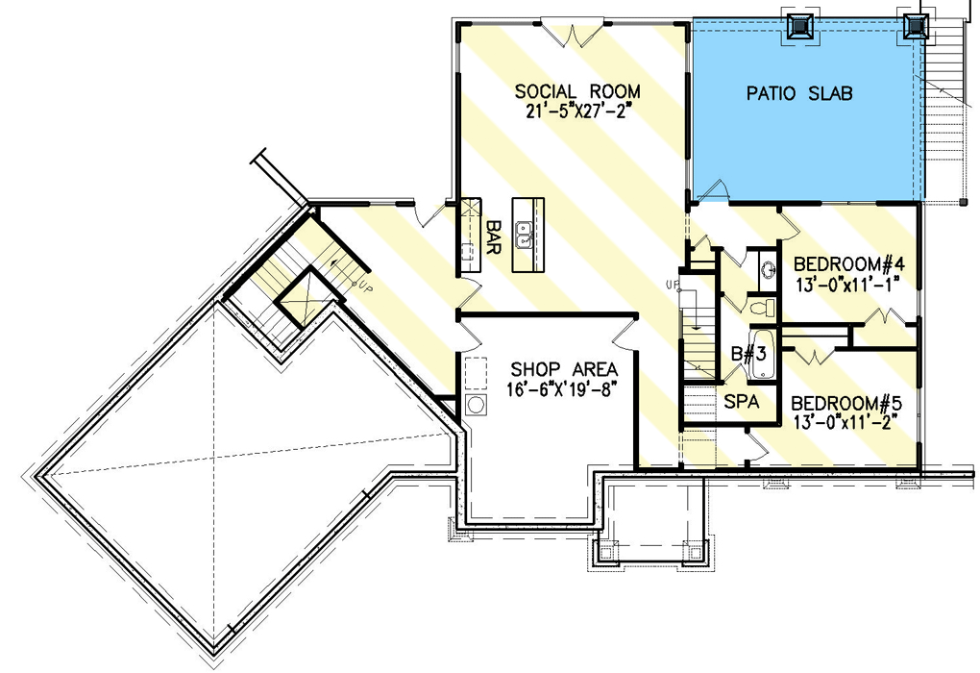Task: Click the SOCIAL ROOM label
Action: click(x=577, y=91)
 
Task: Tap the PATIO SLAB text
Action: click(x=800, y=93)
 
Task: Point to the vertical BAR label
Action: click(x=495, y=237)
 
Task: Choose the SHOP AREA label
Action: click(x=564, y=369)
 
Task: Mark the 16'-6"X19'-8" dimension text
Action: click(x=564, y=388)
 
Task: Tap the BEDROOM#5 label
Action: click(x=846, y=402)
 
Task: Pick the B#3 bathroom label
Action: click(x=747, y=353)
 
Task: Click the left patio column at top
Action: click(x=799, y=27)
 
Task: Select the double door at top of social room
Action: click(x=572, y=35)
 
